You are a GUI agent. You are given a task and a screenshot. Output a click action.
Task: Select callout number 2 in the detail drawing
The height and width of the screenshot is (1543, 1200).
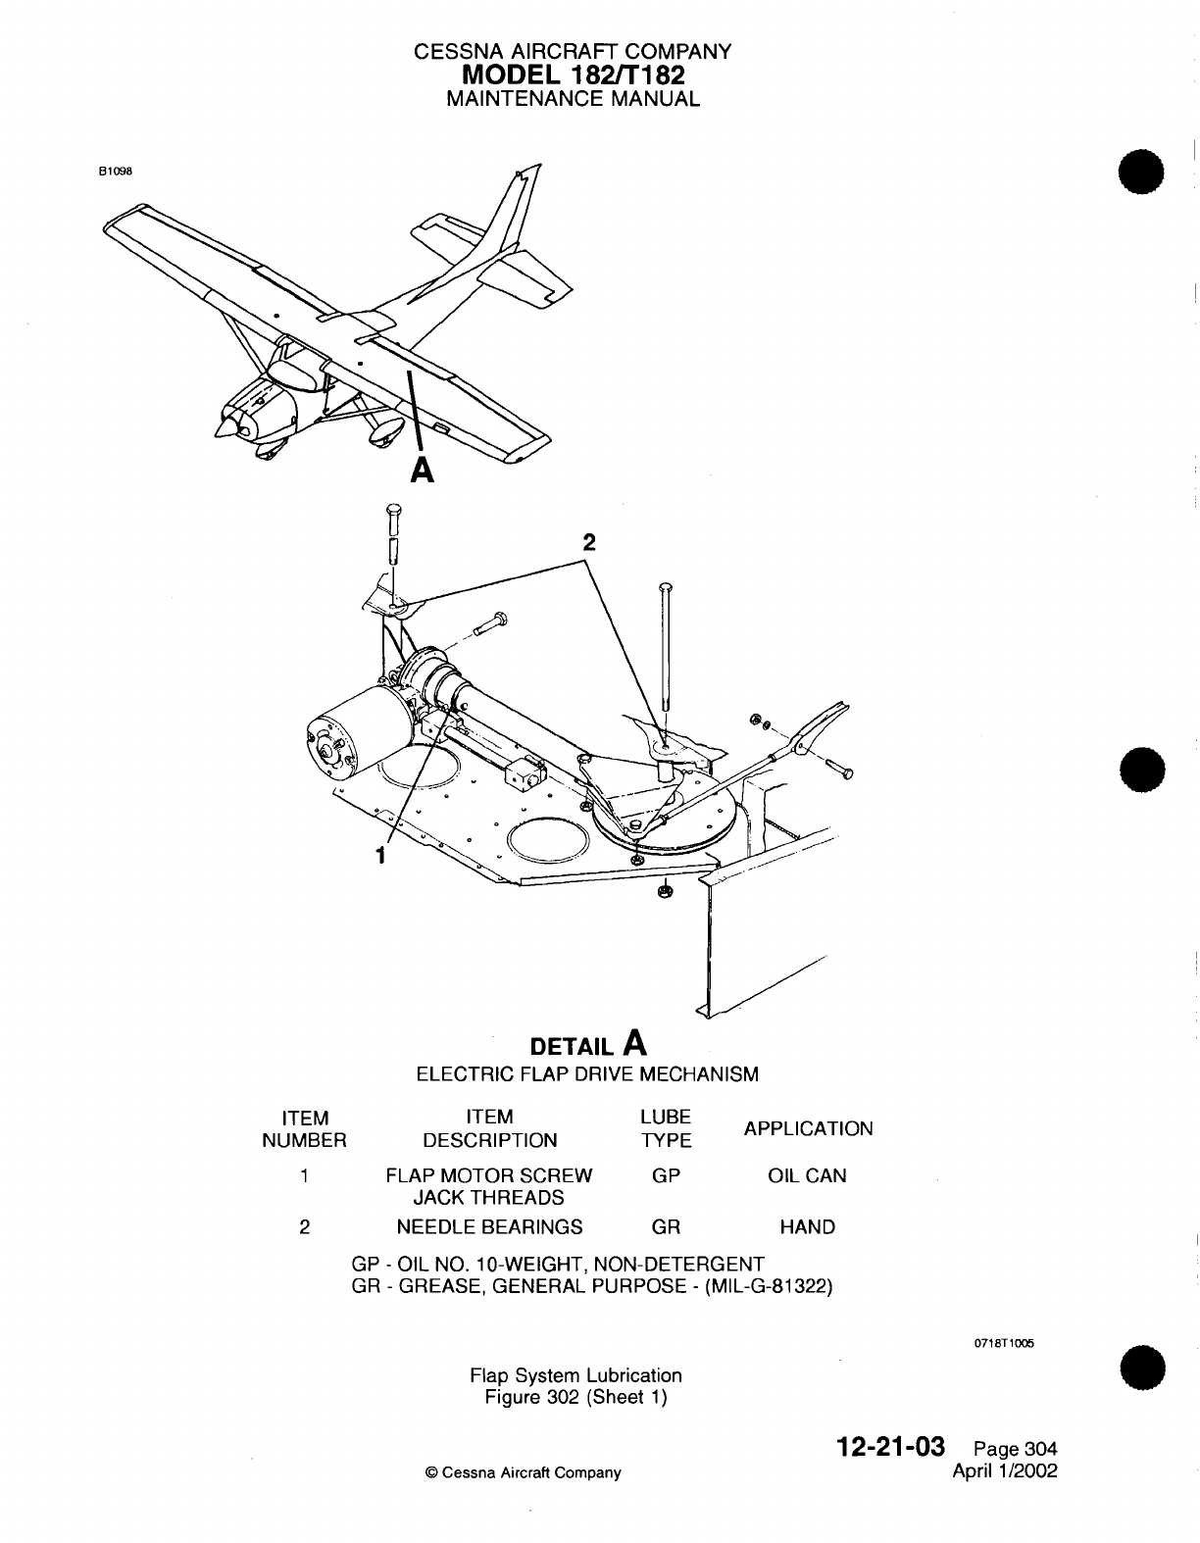coord(587,542)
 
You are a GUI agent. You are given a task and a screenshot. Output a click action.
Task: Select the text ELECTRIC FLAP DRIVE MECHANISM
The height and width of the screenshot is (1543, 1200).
coord(587,1073)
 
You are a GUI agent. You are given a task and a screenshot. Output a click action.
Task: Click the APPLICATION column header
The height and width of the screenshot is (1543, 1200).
coord(808,1128)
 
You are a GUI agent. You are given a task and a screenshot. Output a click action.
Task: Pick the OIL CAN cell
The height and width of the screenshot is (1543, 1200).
coord(807,1175)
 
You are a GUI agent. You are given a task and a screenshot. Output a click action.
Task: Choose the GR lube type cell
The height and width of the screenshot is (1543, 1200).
coord(666,1226)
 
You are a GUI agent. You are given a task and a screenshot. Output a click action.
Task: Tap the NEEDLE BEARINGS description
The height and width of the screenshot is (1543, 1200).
coord(489,1226)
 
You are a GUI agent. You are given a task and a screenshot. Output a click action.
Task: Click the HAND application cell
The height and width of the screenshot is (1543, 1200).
coord(807,1226)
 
